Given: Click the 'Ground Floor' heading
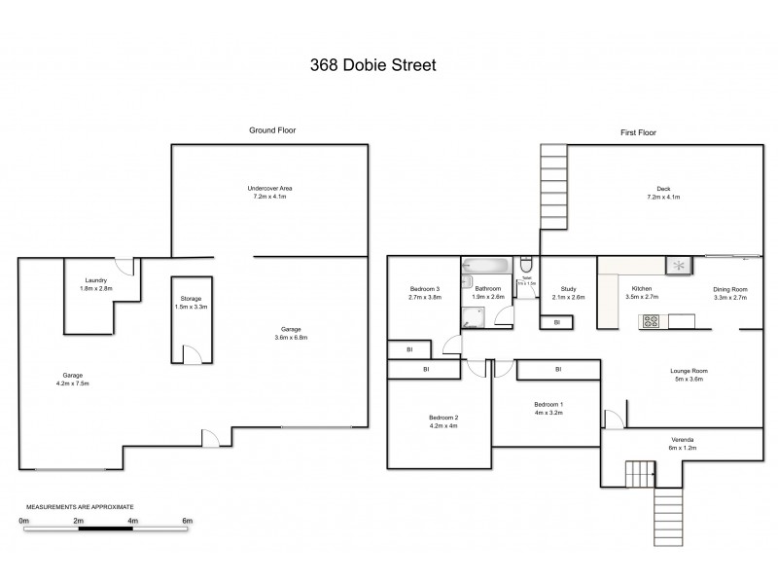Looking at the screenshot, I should [x=272, y=129].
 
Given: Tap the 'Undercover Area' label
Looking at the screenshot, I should [x=269, y=187].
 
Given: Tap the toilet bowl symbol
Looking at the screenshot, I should [x=526, y=266].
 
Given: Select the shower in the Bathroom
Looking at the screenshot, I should [x=474, y=313].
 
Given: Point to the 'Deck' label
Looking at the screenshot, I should [x=663, y=189].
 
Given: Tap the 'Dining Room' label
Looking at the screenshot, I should [x=730, y=289].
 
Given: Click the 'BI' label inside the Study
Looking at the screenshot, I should [x=557, y=322].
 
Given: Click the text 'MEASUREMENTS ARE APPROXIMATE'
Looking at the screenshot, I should [x=79, y=507].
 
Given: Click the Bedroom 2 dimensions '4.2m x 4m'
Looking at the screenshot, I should [x=442, y=425].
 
